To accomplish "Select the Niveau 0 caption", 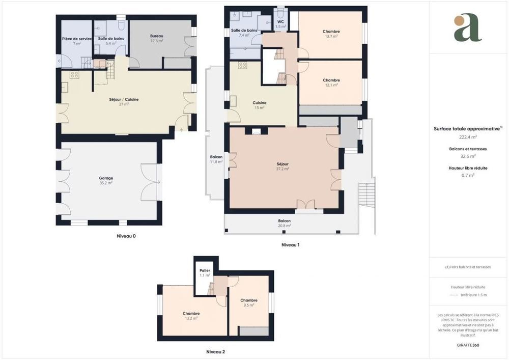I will click(126, 236).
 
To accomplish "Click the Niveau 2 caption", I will click(215, 352).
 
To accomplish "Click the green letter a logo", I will click(468, 28).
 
